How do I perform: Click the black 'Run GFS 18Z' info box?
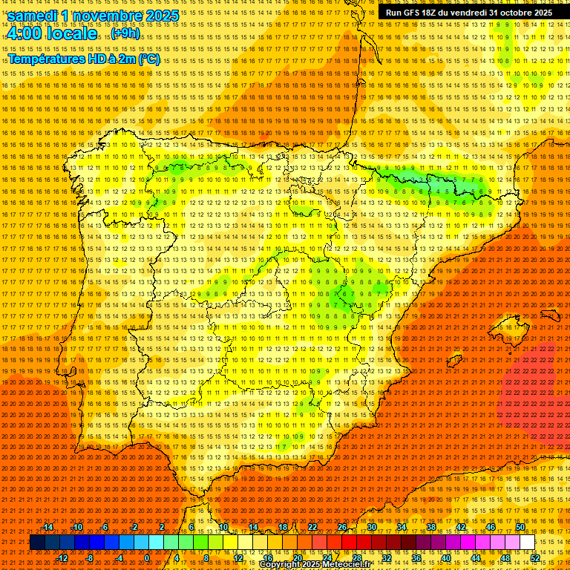(468, 13)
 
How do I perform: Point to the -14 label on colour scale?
(47, 527)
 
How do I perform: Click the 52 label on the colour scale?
(535, 558)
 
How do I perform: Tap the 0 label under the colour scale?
(147, 558)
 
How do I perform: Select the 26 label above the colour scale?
(342, 527)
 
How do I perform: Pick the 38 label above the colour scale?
(431, 527)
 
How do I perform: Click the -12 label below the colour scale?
(62, 558)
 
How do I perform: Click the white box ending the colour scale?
(527, 543)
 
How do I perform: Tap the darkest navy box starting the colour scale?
(37, 543)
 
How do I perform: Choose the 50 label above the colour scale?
(520, 527)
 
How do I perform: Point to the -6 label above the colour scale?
(105, 527)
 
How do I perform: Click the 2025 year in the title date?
(162, 16)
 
